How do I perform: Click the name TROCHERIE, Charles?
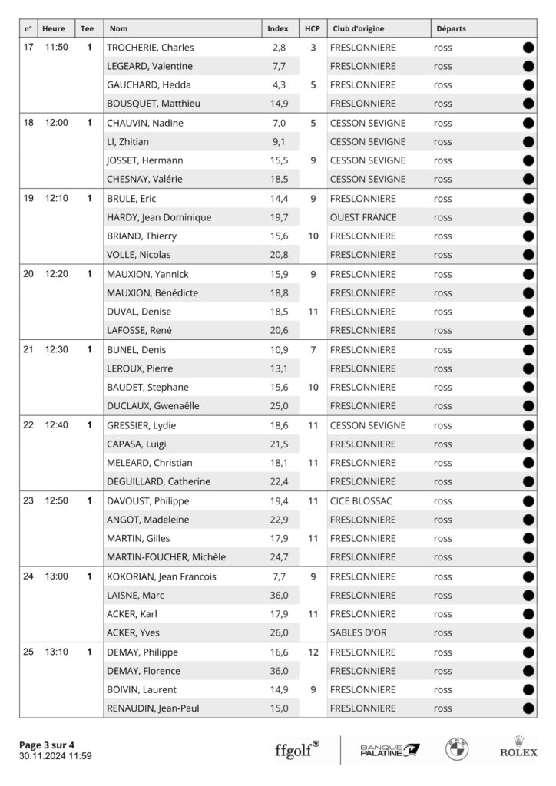150,48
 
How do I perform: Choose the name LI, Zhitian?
128,142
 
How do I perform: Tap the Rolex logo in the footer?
519,747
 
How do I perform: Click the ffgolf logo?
297,749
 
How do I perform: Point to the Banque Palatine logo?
390,749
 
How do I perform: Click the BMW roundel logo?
458,748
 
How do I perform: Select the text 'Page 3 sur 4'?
47,745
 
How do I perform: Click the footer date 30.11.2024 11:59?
55,756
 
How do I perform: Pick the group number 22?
28,425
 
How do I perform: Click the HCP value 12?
313,652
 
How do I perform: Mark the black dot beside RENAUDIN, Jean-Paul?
528,708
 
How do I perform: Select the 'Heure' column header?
54,29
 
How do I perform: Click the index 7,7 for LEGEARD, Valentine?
279,67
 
